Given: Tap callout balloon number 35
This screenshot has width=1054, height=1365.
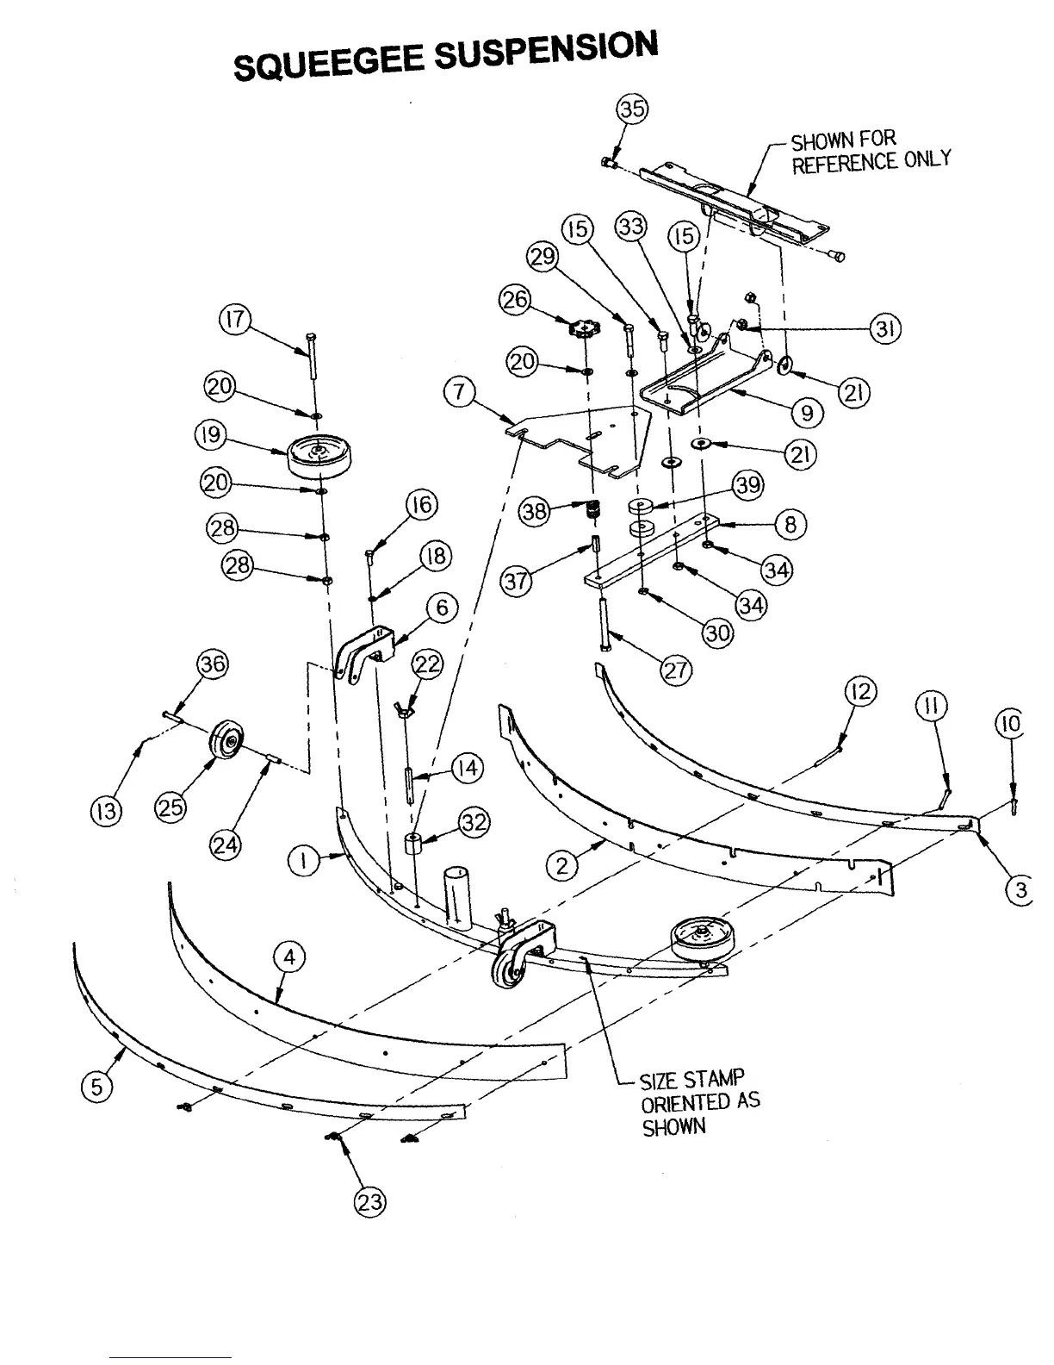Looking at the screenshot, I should (633, 109).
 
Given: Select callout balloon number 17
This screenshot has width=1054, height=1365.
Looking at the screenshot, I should (234, 320).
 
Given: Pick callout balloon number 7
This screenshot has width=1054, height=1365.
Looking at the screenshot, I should (459, 393).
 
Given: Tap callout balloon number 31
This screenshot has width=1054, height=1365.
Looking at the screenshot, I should (884, 328).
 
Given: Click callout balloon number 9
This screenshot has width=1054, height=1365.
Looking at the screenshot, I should (807, 413).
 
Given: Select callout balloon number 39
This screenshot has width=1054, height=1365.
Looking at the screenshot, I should (747, 485).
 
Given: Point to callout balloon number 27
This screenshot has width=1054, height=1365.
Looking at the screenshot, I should (676, 670).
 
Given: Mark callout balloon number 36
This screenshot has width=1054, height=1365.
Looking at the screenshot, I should (213, 664).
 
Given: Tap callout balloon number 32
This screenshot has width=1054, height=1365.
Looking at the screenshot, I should (474, 823).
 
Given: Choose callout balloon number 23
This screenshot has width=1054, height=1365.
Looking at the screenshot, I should (370, 1202).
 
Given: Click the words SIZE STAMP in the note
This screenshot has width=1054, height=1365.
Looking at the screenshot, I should (691, 1080).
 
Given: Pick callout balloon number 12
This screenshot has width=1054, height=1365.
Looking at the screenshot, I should (861, 690).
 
